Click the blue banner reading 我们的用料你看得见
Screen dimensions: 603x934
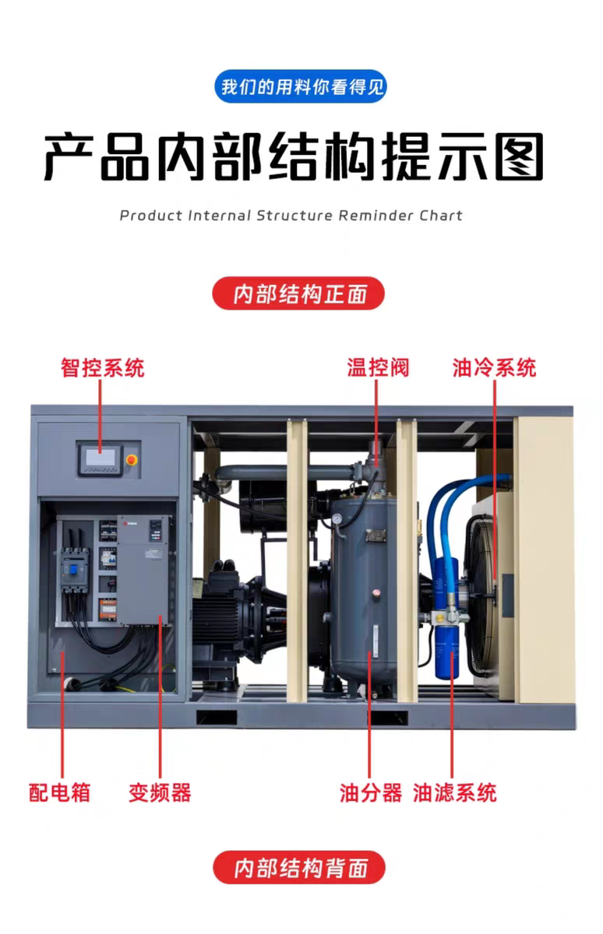point(301,86)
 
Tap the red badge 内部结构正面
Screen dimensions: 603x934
point(299,293)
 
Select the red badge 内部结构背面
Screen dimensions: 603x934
point(299,867)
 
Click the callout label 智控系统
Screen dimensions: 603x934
point(103,367)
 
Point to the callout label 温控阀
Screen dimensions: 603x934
point(378,367)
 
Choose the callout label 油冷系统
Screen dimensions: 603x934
point(495,367)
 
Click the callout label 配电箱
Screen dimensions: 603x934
point(60,792)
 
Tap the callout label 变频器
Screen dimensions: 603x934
point(160,792)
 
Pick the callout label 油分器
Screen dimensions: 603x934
point(371,792)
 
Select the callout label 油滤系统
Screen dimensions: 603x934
point(455,792)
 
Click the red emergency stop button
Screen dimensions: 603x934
point(132,460)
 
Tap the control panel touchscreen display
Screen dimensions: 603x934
point(100,458)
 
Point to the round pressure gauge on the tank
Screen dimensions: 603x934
point(337,518)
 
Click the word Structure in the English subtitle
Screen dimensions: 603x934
point(295,216)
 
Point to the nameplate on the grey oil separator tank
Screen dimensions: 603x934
point(374,535)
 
